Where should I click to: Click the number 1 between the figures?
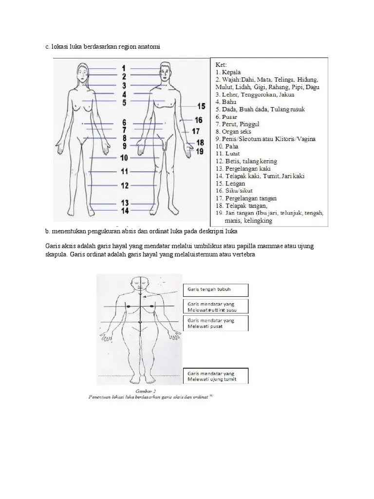[124, 68]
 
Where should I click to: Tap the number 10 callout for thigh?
[124, 157]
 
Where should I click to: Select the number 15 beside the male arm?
[201, 106]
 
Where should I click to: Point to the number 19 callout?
[200, 152]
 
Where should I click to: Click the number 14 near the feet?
[125, 211]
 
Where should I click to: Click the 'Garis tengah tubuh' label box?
[215, 290]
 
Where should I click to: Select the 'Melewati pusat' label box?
[215, 323]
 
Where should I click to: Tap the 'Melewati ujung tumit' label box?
[215, 376]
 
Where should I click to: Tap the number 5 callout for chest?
[124, 102]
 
